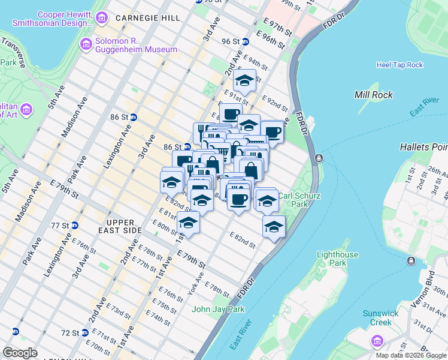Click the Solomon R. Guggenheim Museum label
[136, 46]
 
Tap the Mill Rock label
[374, 95]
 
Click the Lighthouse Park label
[338, 259]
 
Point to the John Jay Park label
[219, 310]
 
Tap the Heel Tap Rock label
[399, 65]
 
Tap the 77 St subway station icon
[75, 226]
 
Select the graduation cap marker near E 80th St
[188, 223]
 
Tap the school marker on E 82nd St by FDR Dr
[274, 227]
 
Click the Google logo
[20, 352]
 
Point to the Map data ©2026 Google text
[411, 355]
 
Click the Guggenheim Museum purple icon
[85, 42]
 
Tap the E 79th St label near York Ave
[192, 259]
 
